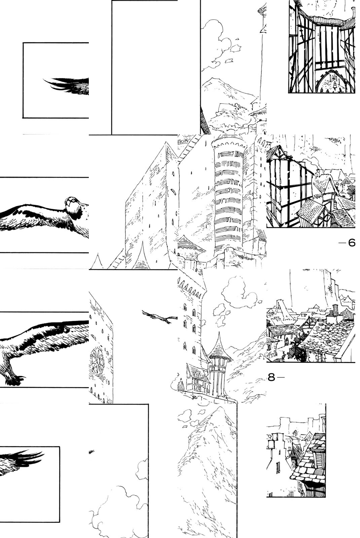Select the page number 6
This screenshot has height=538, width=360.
point(351,243)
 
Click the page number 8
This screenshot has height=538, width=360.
point(271,377)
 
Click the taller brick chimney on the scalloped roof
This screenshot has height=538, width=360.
point(335,311)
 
